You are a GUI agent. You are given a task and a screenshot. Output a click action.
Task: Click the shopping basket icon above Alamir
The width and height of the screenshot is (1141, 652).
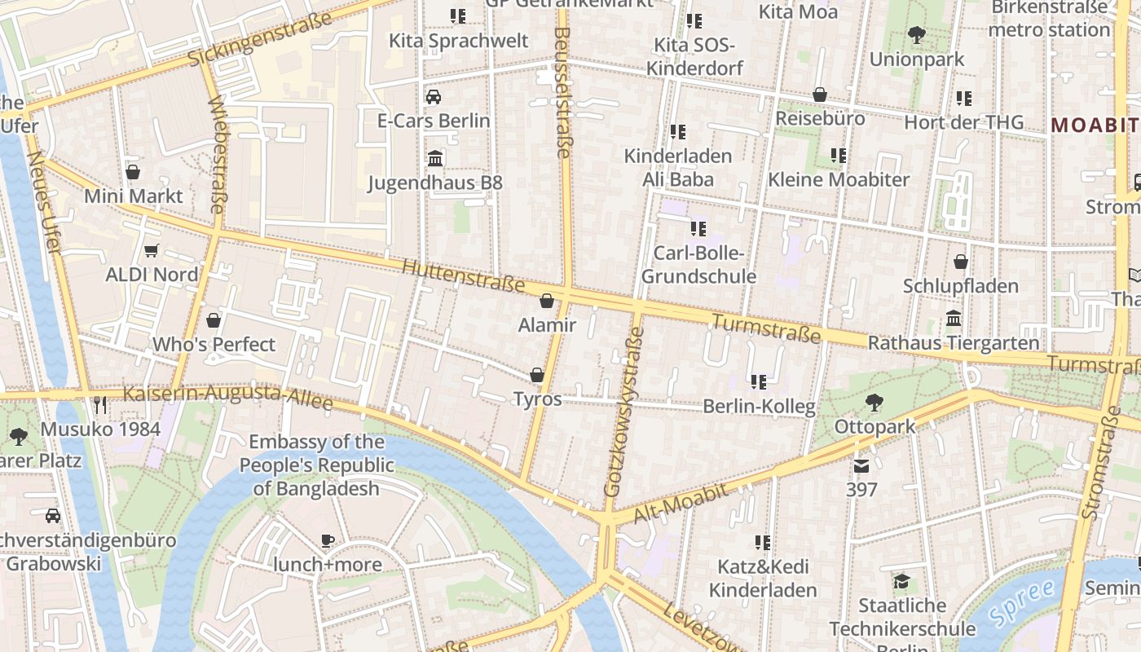coord(547,301)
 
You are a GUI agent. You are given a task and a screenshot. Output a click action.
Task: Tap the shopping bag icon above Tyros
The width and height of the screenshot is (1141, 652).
coord(537,375)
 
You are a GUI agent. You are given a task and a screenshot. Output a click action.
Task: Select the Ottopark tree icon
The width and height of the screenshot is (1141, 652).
coord(874,402)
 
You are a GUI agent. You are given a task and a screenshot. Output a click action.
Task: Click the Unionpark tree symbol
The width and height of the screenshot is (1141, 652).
coord(917,35)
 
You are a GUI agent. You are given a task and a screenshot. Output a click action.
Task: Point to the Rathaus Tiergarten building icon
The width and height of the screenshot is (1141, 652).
coord(954,318)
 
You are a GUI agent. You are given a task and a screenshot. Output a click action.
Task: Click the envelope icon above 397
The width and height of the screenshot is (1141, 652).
coord(861,465)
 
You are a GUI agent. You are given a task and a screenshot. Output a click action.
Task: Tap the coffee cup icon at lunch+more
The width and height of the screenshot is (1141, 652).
coord(328,540)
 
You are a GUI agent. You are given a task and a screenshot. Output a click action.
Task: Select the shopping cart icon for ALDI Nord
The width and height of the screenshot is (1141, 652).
coord(151,250)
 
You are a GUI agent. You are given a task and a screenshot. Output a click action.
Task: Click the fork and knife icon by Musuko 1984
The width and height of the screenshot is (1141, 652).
coord(100,404)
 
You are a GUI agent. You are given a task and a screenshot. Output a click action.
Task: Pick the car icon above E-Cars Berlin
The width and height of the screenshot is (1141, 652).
coord(434,97)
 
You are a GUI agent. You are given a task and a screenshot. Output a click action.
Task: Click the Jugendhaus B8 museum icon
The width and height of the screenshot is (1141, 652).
coord(435,158)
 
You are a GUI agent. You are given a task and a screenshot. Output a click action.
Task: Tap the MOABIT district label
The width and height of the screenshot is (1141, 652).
coord(1095,125)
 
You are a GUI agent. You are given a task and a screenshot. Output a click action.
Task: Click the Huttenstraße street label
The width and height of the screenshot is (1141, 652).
coord(463,275)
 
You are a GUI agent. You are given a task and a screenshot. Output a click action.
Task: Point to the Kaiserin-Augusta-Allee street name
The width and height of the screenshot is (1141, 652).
coord(228,398)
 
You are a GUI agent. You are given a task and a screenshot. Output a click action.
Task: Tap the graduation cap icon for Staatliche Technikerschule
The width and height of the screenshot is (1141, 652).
coord(901,581)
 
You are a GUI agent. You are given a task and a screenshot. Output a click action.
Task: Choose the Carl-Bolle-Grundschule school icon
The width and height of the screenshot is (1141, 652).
coord(698,229)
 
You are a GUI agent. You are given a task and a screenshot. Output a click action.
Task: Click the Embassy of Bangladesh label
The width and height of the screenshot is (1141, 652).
coord(316,465)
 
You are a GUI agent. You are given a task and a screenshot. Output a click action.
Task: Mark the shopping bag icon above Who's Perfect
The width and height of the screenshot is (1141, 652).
coord(214,320)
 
